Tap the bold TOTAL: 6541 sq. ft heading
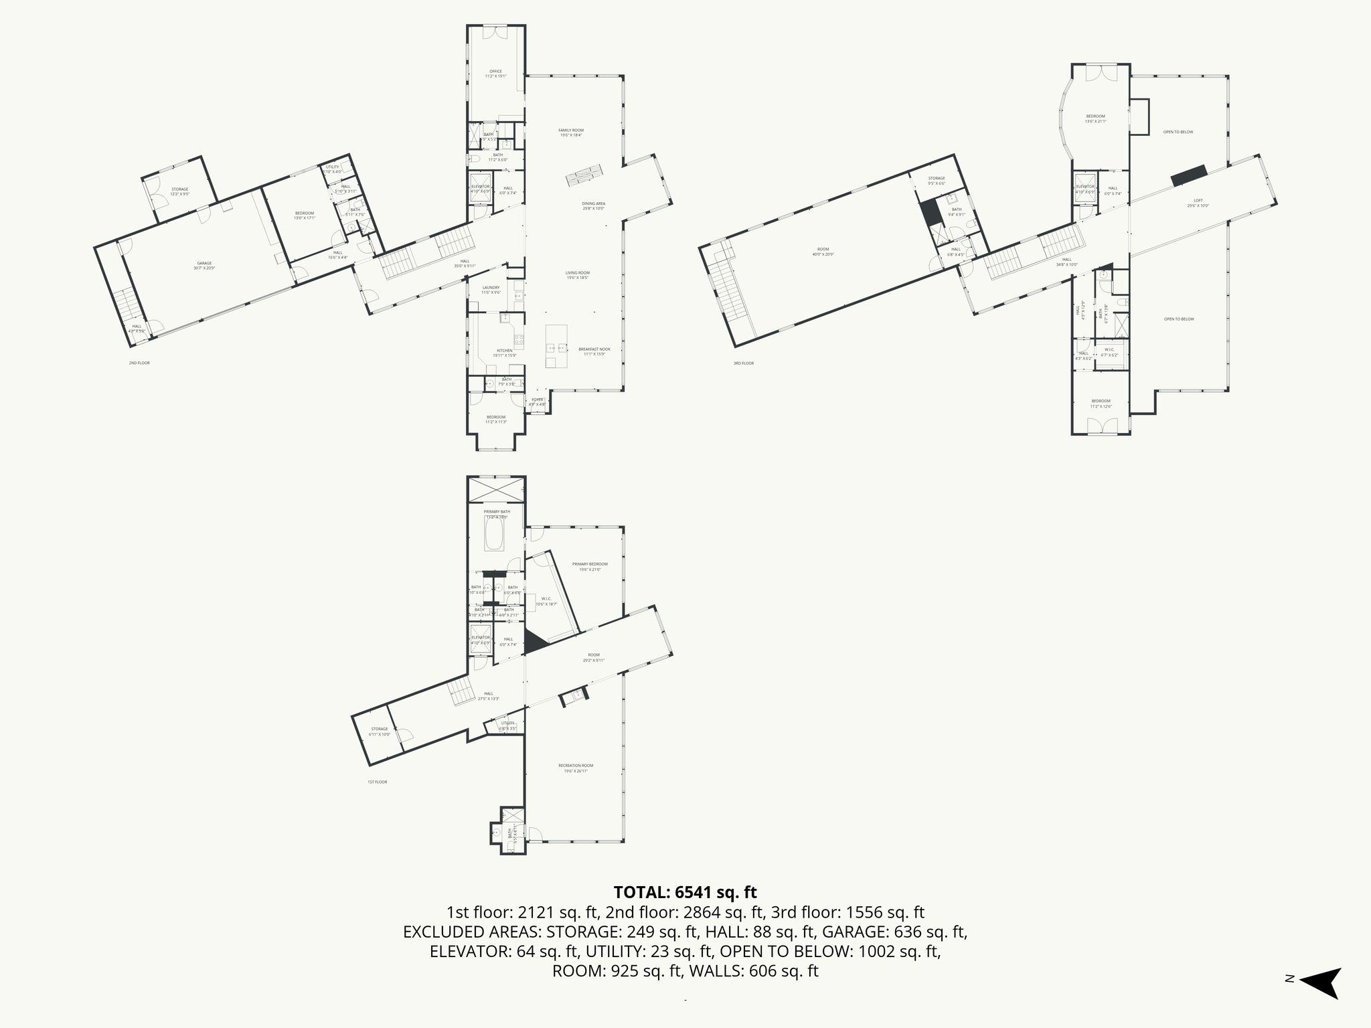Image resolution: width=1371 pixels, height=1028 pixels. pos(685,892)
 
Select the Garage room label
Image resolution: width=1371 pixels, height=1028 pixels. pos(204,266)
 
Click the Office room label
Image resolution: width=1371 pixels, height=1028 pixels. pos(495,74)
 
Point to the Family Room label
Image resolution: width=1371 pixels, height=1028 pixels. pos(571,133)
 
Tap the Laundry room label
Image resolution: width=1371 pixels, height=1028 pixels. pos(491,290)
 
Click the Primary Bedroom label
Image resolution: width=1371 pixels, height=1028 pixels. pos(590,566)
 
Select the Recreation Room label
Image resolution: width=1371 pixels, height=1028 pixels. pos(576,768)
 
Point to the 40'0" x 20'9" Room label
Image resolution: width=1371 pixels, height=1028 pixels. pos(823,252)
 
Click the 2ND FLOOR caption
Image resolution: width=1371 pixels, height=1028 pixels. pos(139,363)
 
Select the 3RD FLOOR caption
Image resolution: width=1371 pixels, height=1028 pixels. pos(743,363)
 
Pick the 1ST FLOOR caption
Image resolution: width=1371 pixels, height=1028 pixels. pos(377,782)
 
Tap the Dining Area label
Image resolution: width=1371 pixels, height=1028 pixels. pos(592,205)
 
